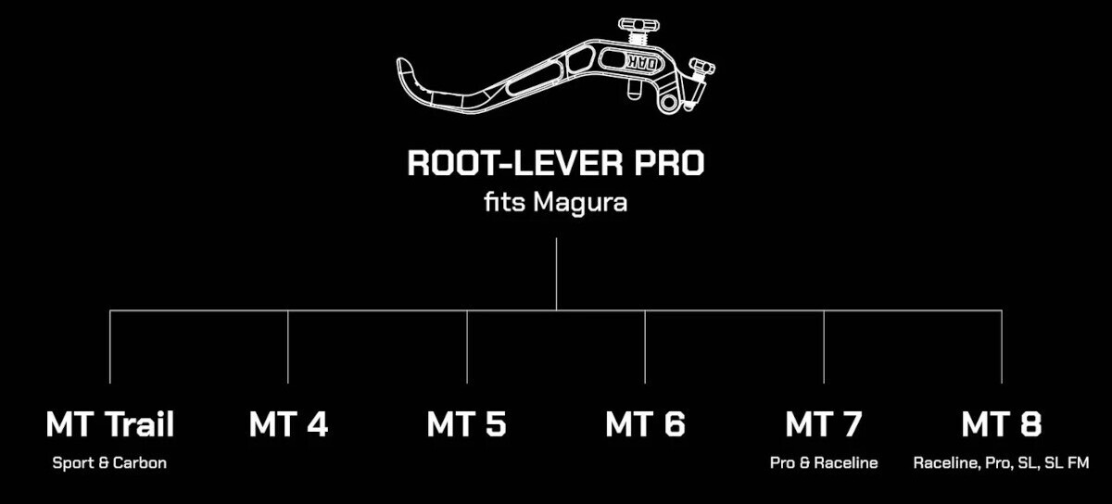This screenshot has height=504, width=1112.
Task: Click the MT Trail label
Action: click(109, 424)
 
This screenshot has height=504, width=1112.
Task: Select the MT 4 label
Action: click(288, 424)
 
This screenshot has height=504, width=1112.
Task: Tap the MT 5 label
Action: click(467, 424)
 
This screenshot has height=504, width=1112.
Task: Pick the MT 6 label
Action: click(645, 424)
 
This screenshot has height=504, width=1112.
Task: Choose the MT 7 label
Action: click(824, 424)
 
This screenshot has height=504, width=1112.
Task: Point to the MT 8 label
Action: click(1002, 424)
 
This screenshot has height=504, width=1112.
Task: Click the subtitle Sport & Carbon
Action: click(109, 463)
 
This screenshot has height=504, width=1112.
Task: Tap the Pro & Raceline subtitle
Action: click(824, 463)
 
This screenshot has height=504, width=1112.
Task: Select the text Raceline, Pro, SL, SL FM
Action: click(1002, 463)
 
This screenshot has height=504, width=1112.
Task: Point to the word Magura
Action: click(580, 203)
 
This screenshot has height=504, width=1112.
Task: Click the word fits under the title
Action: click(504, 202)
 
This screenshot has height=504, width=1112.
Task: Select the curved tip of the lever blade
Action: click(405, 69)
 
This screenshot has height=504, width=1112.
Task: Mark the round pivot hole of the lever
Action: click(668, 103)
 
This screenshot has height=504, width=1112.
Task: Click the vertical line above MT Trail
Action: click(109, 346)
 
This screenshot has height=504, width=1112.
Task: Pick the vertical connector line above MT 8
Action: click(1002, 346)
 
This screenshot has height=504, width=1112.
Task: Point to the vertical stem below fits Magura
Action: click(556, 274)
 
